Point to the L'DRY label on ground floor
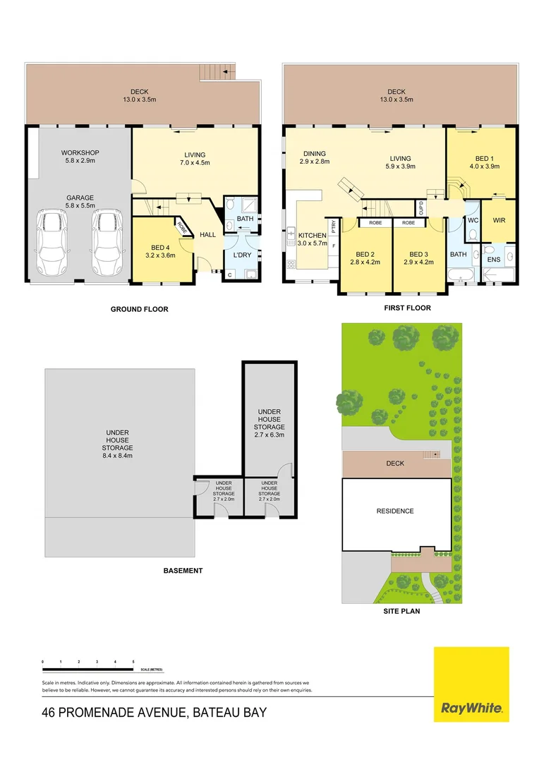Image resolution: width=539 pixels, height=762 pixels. [243, 255]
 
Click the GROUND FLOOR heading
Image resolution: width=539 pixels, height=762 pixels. [139, 309]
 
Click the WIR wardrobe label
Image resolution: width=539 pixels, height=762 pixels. [499, 221]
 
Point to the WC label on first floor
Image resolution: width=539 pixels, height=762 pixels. [473, 221]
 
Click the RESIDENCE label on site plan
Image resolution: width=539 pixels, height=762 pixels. [395, 511]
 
